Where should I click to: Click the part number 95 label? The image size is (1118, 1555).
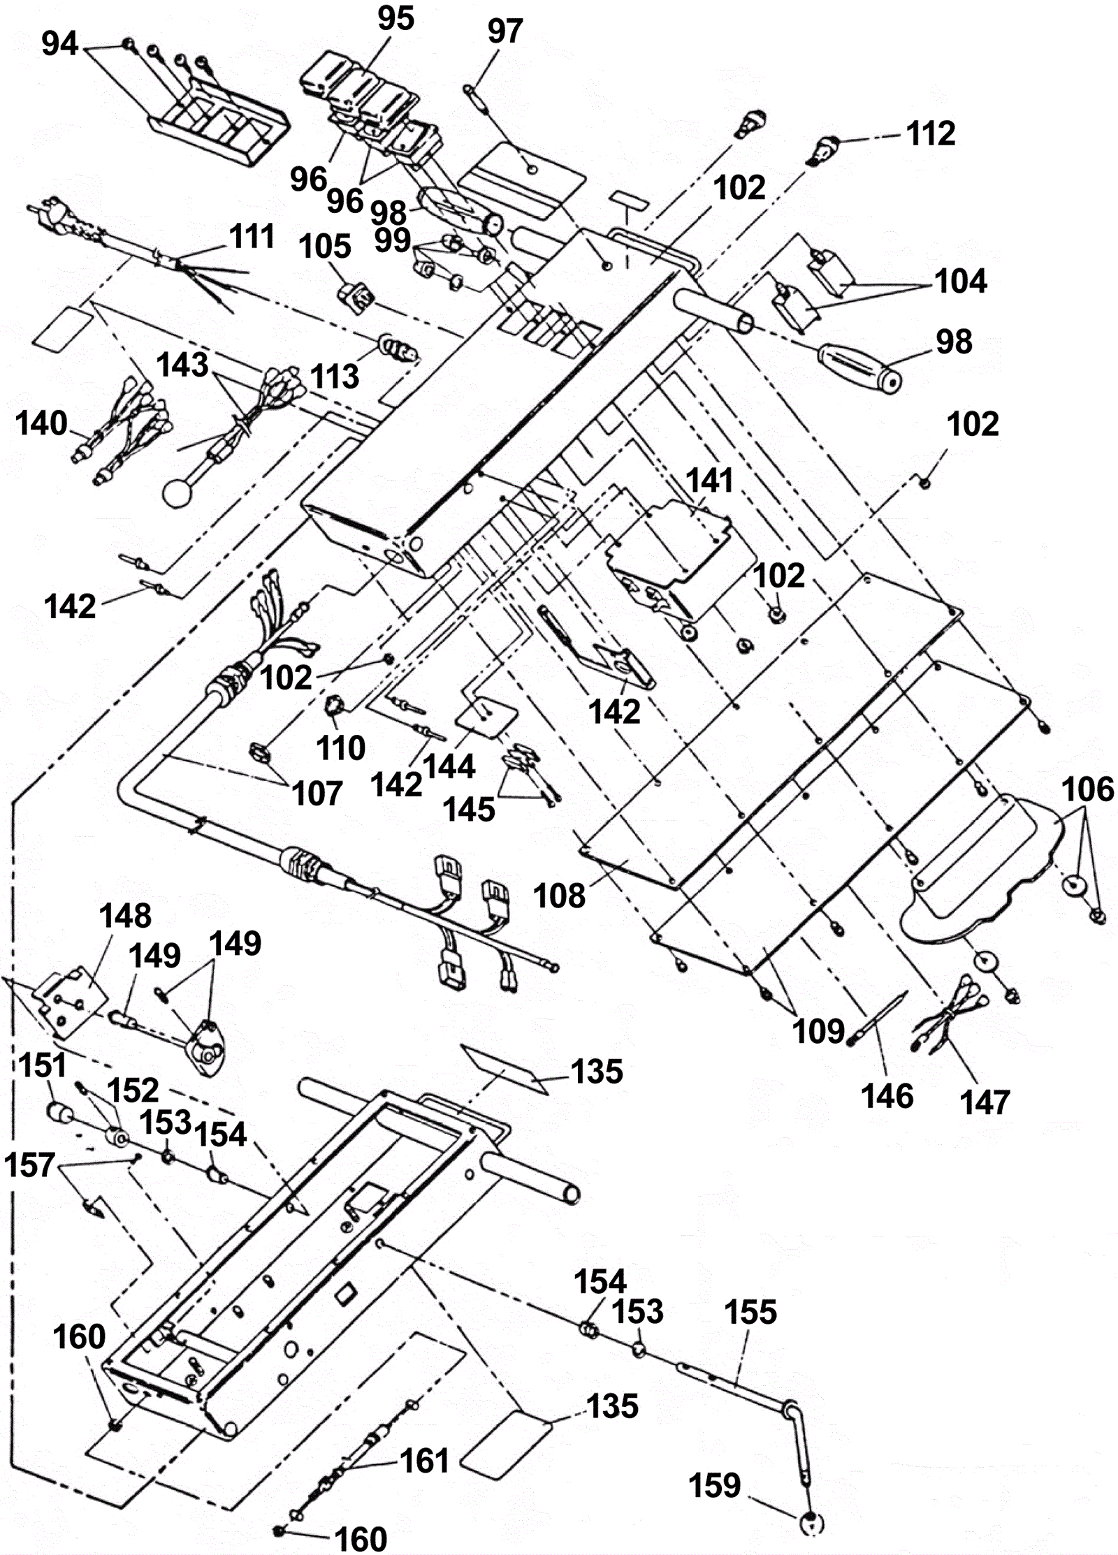395,18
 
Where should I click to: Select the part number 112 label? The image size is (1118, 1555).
931,133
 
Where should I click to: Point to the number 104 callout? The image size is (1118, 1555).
961,282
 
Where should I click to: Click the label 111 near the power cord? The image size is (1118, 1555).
252,236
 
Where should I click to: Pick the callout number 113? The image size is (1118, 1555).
335,377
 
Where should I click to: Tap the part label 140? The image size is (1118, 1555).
41,423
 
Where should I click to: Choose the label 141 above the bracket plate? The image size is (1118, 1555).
709,481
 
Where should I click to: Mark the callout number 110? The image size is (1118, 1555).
341,748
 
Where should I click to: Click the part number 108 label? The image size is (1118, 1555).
559,896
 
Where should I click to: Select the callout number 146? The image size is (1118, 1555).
887,1096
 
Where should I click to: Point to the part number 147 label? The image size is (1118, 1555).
985,1102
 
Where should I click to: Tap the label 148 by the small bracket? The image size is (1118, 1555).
125,915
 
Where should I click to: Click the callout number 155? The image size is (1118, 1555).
750,1312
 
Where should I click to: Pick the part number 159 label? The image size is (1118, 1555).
715,1485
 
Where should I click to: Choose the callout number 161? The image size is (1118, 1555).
425,1461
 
